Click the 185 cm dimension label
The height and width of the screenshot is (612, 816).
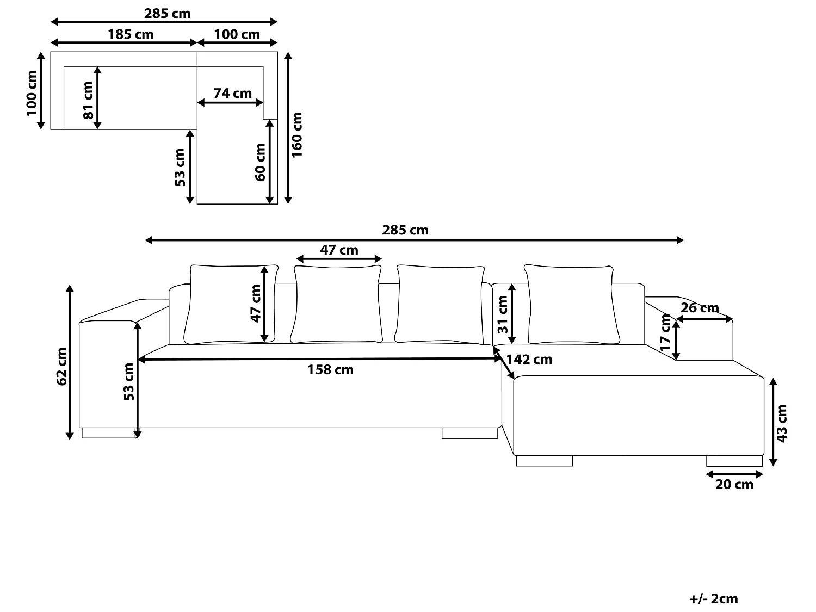[x=131, y=35]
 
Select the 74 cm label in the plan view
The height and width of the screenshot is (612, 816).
[x=232, y=94]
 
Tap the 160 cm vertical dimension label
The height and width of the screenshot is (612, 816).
[x=297, y=135]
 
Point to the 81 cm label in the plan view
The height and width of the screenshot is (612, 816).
[x=88, y=101]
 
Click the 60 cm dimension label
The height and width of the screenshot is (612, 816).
[x=260, y=162]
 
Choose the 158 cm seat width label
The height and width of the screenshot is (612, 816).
[x=330, y=370]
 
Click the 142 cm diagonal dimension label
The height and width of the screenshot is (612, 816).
[x=529, y=360]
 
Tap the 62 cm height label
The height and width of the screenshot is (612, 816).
[x=62, y=366]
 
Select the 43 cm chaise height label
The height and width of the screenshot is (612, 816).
[x=782, y=423]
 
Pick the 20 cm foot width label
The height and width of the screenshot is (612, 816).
[x=734, y=485]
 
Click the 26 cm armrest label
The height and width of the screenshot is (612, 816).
[x=700, y=308]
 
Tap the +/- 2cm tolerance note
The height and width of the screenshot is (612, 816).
[x=713, y=599]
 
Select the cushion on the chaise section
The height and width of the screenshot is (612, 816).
[x=571, y=305]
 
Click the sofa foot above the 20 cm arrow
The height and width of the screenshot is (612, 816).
[x=734, y=461]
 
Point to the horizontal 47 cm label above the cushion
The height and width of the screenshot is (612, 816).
[x=338, y=250]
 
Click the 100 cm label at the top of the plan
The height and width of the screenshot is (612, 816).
[x=237, y=35]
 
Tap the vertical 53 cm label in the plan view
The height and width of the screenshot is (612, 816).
[x=180, y=167]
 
